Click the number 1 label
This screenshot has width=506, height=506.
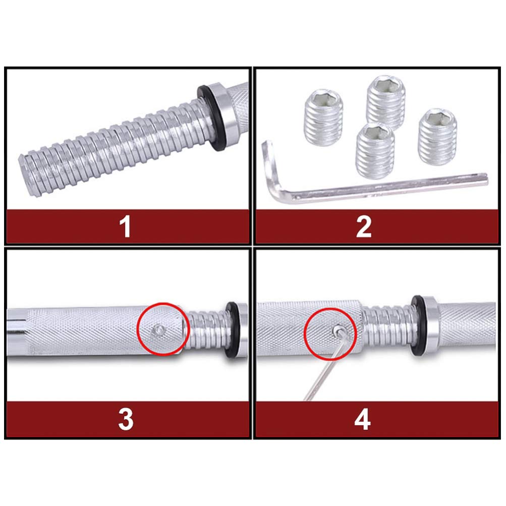(x=125, y=227)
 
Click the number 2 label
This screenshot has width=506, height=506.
(x=363, y=227)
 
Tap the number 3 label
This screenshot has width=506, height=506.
(x=125, y=419)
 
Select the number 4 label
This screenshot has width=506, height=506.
(x=362, y=419)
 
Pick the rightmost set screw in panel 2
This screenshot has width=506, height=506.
(x=437, y=134)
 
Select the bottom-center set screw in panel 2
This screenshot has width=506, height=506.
(x=375, y=149)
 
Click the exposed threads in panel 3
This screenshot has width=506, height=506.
(x=207, y=330)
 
